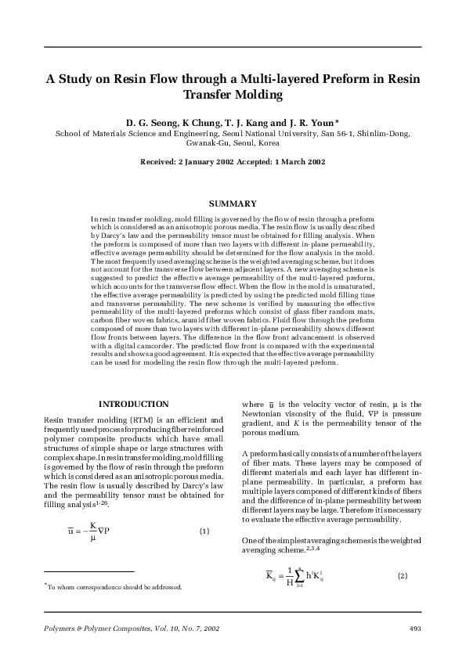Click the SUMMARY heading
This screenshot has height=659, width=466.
[233, 203]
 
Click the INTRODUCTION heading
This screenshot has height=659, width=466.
[133, 404]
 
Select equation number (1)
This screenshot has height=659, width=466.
[204, 531]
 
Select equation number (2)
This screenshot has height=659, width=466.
[403, 576]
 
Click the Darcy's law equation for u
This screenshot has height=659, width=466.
[87, 531]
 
